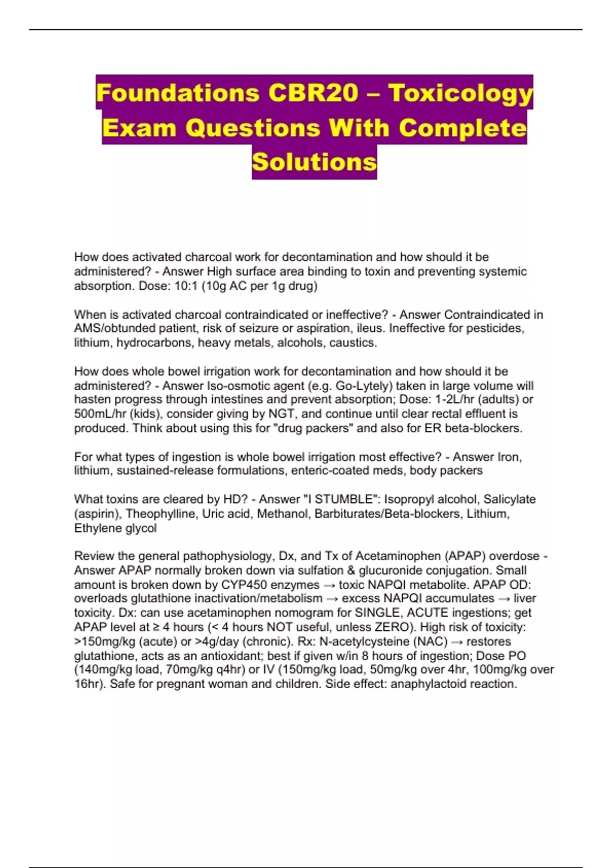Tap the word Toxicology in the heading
click(x=460, y=93)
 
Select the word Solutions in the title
click(x=314, y=162)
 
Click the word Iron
click(x=508, y=456)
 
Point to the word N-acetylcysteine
click(x=365, y=641)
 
